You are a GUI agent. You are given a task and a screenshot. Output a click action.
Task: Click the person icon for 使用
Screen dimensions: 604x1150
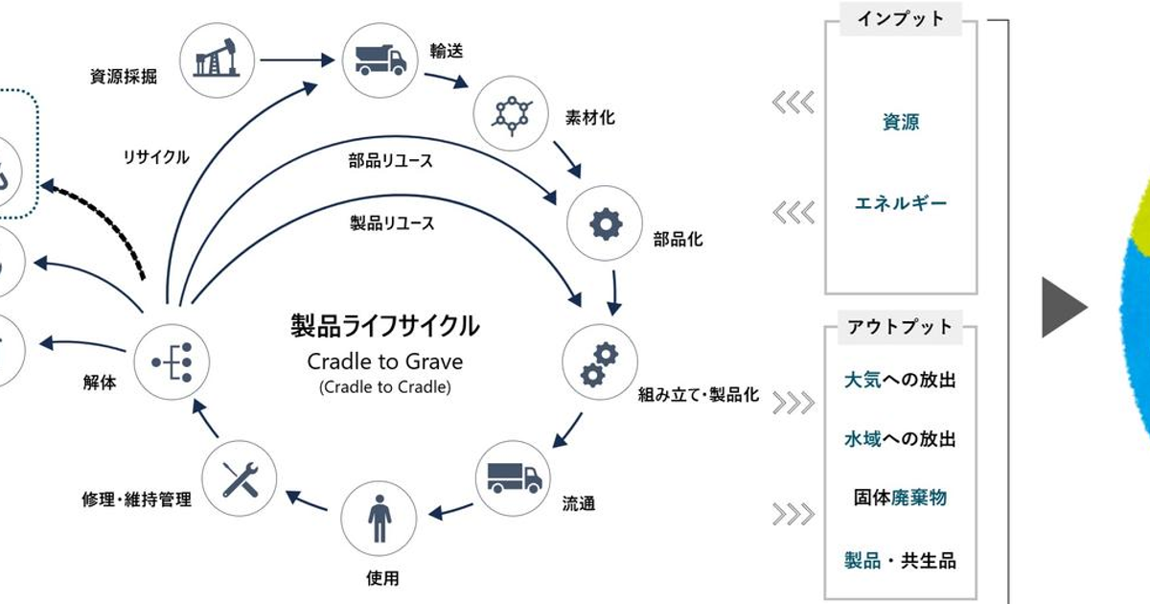pos(379,519)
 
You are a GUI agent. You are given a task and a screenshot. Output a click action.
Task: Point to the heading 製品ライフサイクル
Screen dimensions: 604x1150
pos(384,326)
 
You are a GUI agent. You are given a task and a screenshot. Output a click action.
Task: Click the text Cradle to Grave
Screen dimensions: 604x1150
pos(384,361)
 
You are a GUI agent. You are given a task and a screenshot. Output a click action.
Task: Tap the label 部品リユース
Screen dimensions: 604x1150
pos(390,161)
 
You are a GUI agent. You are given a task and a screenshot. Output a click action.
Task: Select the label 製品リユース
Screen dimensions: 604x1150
pos(392,223)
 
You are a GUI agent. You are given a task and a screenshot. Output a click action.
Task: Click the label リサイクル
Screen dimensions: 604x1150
pos(156,157)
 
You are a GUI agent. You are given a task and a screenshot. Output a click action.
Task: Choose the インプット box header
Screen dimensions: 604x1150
pos(900,18)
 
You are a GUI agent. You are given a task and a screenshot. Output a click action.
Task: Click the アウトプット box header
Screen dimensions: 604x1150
pos(900,327)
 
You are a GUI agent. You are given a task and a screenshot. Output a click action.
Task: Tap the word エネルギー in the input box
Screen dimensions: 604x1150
pos(900,203)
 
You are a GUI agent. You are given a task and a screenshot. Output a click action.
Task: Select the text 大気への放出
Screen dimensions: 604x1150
pos(900,381)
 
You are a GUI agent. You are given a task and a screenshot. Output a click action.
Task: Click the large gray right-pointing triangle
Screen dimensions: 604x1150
pos(1063,310)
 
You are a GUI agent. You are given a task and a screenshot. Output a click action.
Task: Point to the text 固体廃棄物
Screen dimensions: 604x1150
pos(900,499)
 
